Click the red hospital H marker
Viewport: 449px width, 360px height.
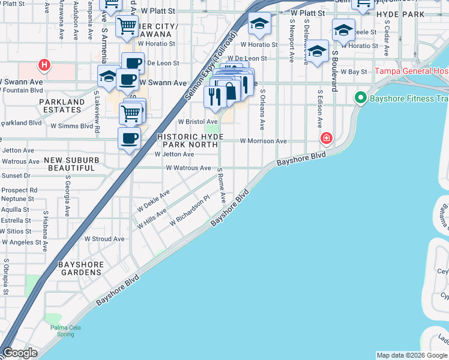click(44, 64)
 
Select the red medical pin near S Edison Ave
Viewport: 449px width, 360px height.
click(326, 139)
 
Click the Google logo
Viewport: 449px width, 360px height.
click(20, 353)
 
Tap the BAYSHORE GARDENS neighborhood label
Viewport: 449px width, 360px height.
click(80, 268)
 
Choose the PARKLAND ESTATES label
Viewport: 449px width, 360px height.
click(62, 106)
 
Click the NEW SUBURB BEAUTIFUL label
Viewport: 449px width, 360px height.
click(70, 164)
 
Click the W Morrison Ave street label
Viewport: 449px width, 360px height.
click(264, 142)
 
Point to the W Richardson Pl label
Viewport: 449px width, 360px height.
click(189, 211)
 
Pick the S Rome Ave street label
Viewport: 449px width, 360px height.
click(221, 185)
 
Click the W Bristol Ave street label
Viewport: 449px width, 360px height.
click(197, 121)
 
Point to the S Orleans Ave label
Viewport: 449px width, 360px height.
click(262, 110)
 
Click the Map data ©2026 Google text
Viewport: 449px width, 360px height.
click(412, 355)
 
